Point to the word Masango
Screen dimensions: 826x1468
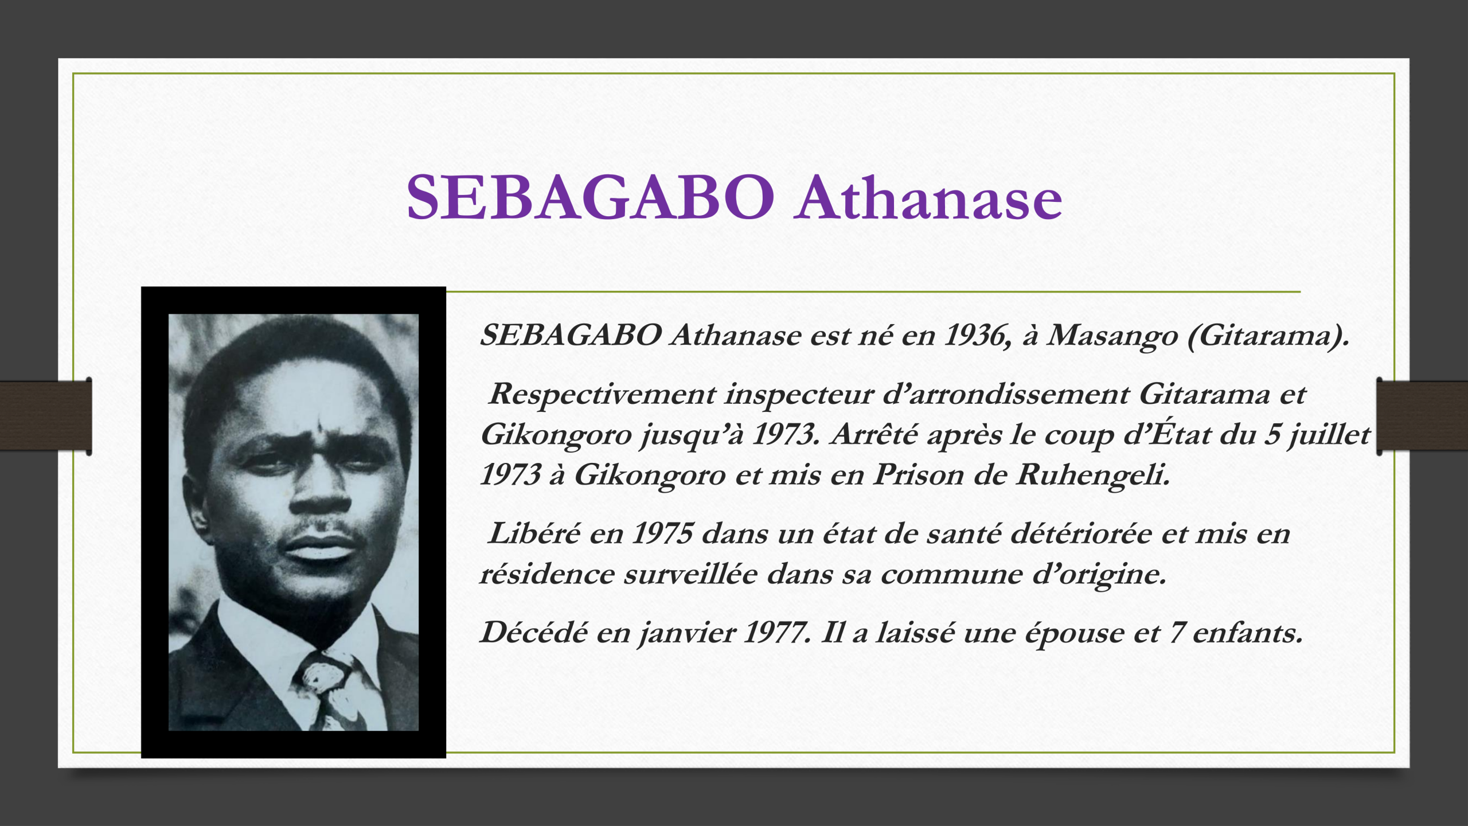tap(1112, 336)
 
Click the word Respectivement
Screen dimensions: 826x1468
tap(602, 395)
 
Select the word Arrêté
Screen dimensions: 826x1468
tap(874, 434)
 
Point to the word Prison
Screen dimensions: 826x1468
tap(918, 475)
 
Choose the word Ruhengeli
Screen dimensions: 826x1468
tap(1092, 476)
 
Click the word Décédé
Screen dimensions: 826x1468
tap(534, 633)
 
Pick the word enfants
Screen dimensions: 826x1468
tap(1247, 633)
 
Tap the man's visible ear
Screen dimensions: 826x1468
tap(198, 511)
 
